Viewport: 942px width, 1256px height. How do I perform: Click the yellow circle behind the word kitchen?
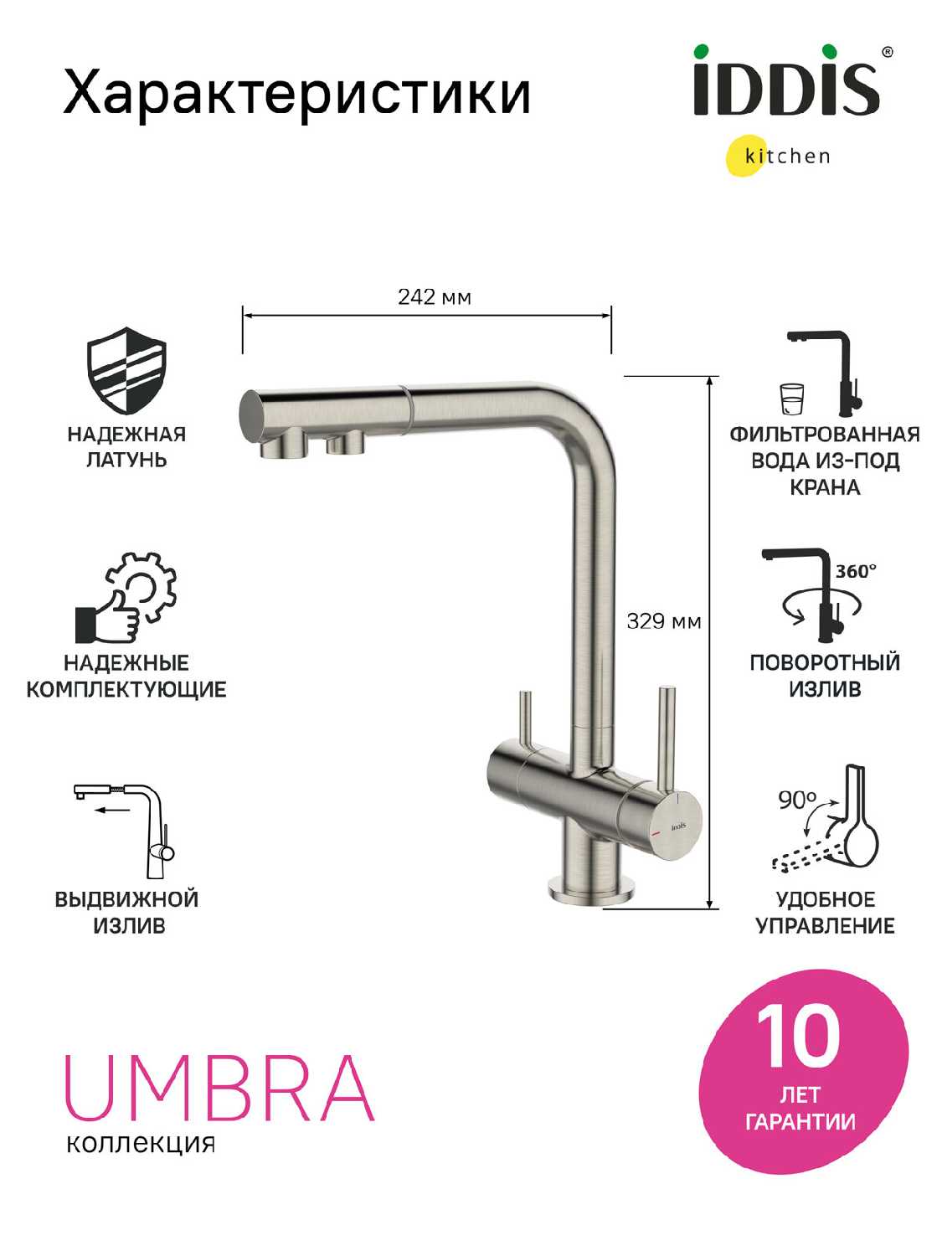coord(748,155)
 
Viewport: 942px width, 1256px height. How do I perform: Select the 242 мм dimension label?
coord(435,297)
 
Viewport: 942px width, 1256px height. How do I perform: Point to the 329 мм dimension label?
coord(663,621)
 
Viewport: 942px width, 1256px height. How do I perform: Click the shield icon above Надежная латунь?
coord(126,370)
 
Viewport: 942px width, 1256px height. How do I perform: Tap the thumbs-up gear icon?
coord(126,597)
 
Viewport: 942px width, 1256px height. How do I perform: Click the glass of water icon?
coord(792,399)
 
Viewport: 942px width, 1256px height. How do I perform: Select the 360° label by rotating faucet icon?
coord(857,571)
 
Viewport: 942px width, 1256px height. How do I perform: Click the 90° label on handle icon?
coord(797,800)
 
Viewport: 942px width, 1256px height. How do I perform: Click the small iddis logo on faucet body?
coord(678,826)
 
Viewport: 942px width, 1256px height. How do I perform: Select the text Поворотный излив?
coord(825,675)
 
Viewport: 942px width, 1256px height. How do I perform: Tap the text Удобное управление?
coord(826,912)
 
